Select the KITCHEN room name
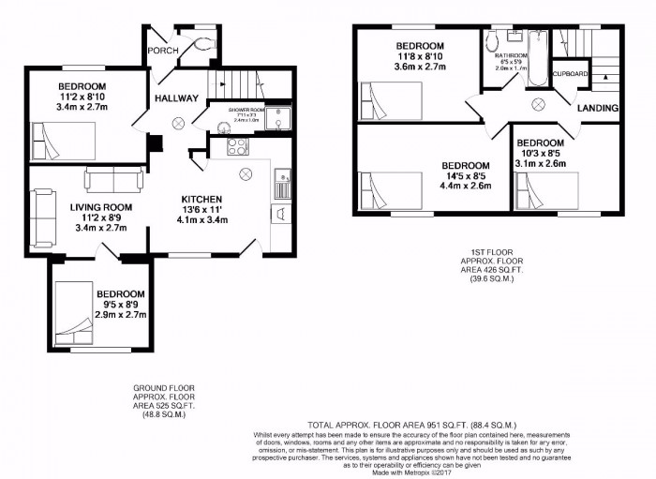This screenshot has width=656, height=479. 201,199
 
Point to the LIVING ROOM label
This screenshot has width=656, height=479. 100,207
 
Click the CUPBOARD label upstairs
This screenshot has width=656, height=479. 570,73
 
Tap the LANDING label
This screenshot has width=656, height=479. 597,108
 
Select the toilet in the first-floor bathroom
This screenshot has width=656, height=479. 491,41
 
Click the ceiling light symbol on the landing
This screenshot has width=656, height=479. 539,103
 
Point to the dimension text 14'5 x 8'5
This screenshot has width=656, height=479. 466,174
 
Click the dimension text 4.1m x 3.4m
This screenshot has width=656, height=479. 201,221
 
